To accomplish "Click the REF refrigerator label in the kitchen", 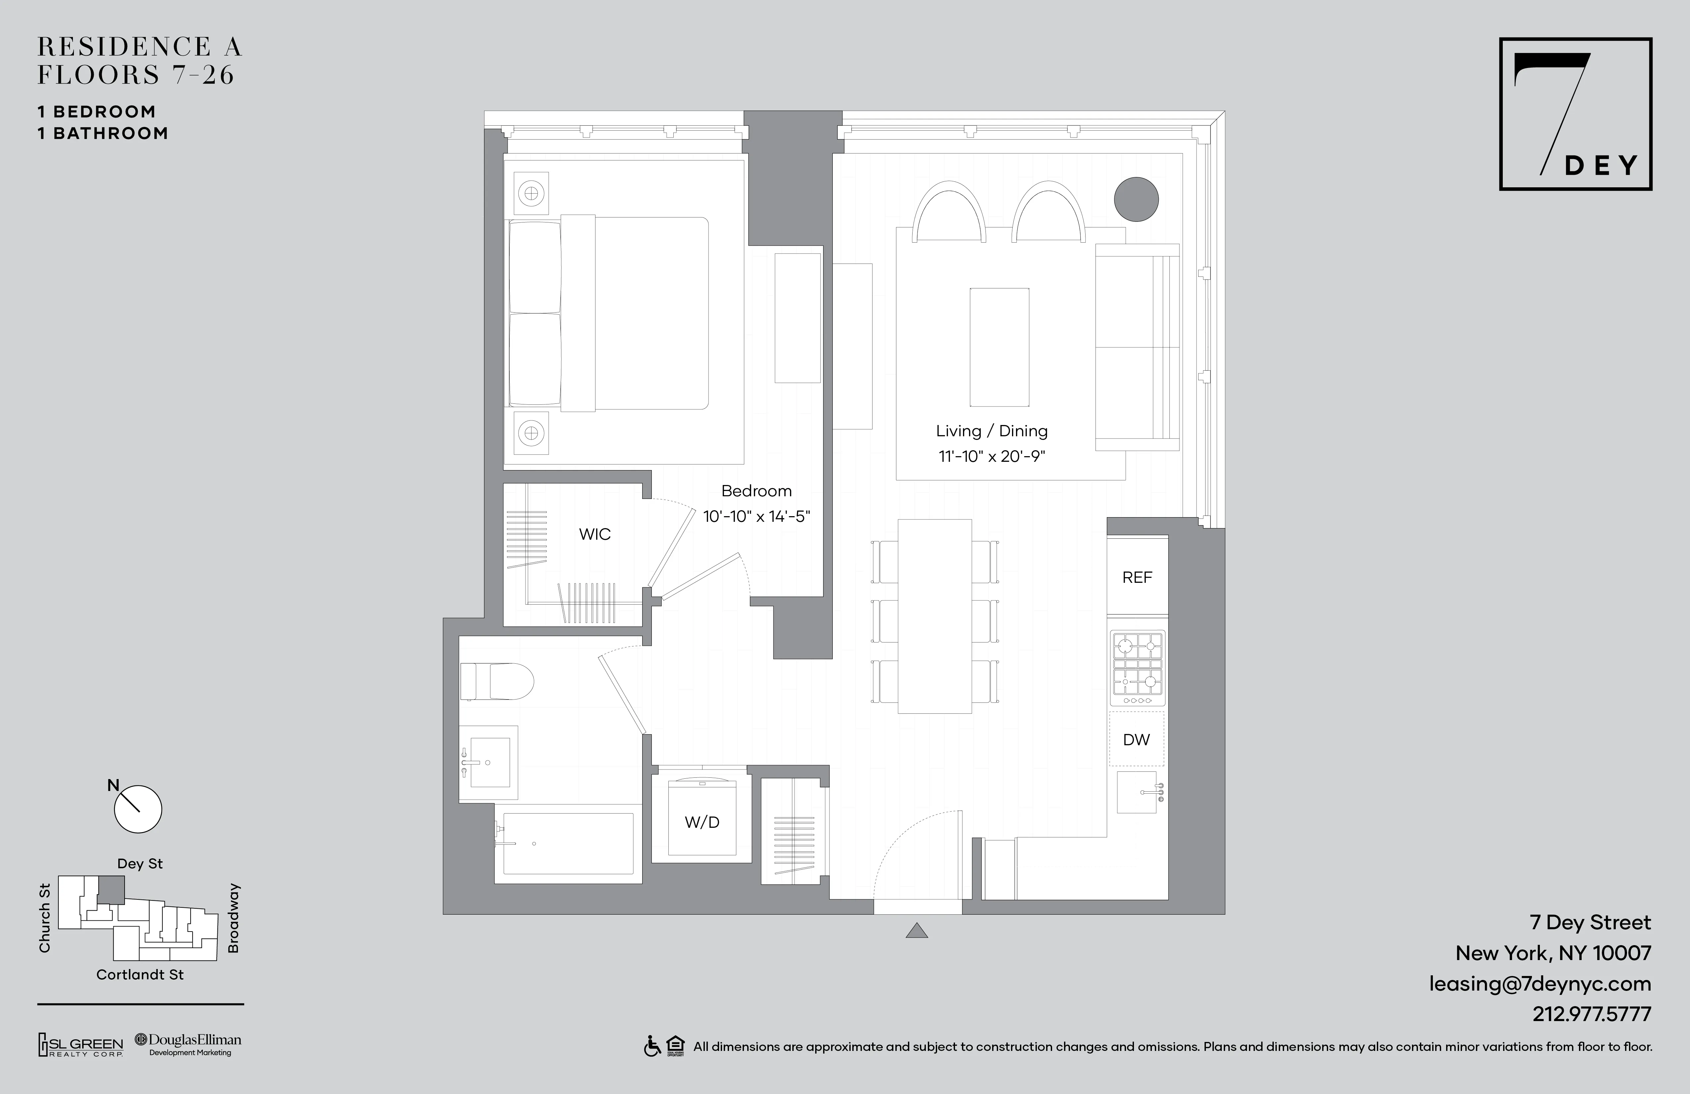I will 1137,577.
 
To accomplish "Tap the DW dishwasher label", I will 1136,740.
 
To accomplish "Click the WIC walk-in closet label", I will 594,534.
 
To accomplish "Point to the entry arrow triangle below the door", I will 917,931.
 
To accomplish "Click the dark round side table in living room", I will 1136,199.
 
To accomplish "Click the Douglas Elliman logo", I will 189,1044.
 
